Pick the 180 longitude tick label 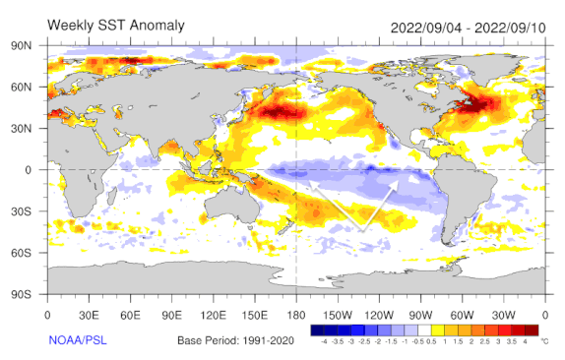tap(296, 314)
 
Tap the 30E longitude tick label tap(90, 314)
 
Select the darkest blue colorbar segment tap(318, 331)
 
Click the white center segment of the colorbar tap(424, 331)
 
